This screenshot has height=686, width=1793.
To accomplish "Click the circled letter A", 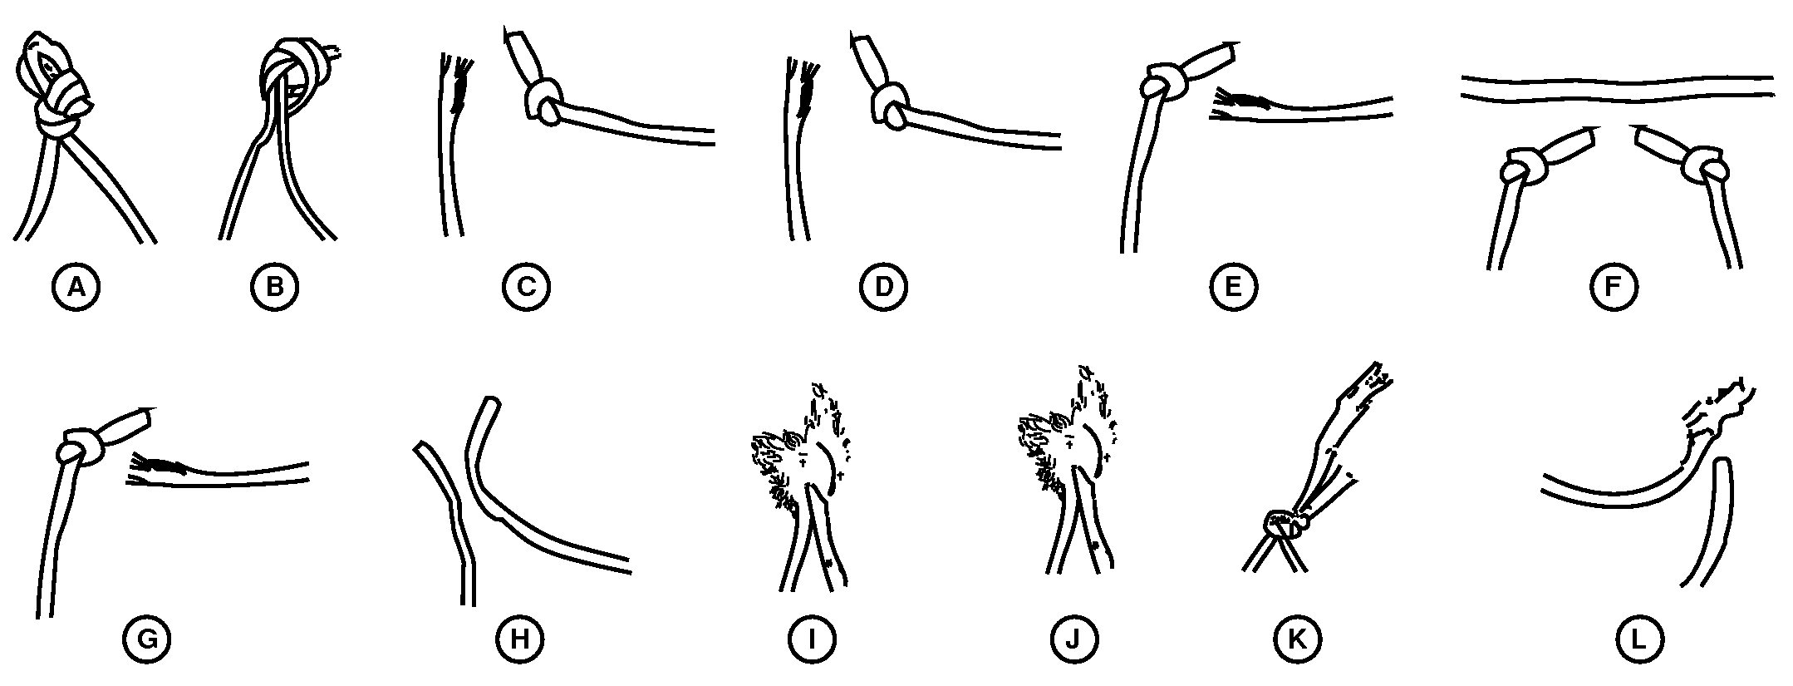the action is pyautogui.click(x=76, y=287).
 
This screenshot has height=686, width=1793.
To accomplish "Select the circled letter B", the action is pyautogui.click(x=275, y=287).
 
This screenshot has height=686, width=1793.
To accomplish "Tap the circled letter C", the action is pyautogui.click(x=526, y=287).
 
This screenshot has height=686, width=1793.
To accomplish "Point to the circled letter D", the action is pyautogui.click(x=883, y=287).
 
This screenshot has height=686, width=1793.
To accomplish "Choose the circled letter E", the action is pyautogui.click(x=1234, y=287).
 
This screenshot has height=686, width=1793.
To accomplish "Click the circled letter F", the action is pyautogui.click(x=1613, y=287).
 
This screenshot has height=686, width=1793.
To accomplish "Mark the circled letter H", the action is pyautogui.click(x=519, y=639).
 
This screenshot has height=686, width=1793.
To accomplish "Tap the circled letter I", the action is pyautogui.click(x=812, y=639).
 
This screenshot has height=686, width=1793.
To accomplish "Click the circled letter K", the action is pyautogui.click(x=1297, y=639).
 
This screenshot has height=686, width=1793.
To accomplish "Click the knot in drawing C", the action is pyautogui.click(x=544, y=102).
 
